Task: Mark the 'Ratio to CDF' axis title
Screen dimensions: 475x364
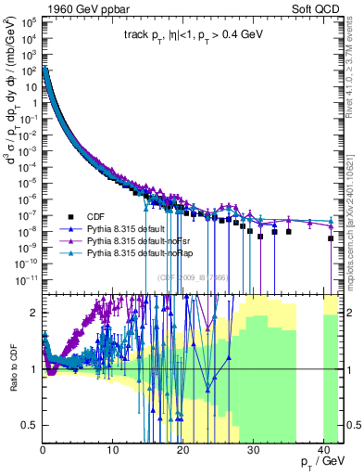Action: coord(12,369)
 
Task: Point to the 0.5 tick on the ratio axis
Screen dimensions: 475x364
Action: coord(31,425)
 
